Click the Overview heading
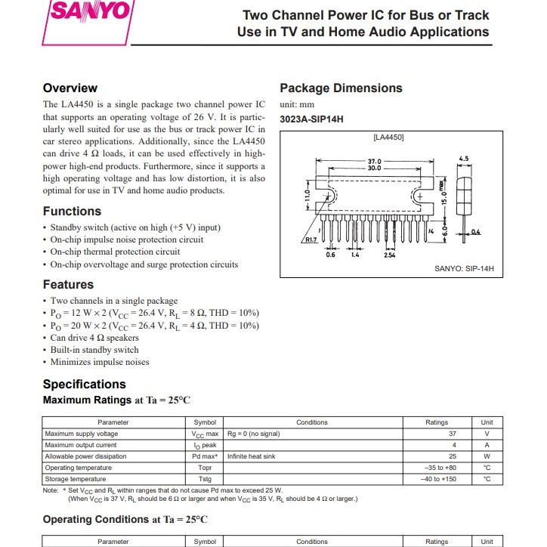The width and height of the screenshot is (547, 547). pyautogui.click(x=70, y=88)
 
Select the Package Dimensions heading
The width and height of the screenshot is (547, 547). pyautogui.click(x=341, y=88)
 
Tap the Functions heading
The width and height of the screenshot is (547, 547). pyautogui.click(x=72, y=212)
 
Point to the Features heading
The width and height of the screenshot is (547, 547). pyautogui.click(x=68, y=285)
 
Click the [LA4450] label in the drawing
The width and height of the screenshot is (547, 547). pyautogui.click(x=389, y=138)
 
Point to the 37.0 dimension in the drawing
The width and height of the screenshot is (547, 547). pyautogui.click(x=375, y=161)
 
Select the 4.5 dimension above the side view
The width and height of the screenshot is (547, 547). pyautogui.click(x=464, y=159)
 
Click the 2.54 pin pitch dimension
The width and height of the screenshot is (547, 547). pyautogui.click(x=391, y=255)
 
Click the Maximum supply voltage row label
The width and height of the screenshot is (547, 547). pyautogui.click(x=82, y=434)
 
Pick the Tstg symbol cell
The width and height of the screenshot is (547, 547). pyautogui.click(x=205, y=479)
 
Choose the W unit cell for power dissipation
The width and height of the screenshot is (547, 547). pyautogui.click(x=487, y=456)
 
